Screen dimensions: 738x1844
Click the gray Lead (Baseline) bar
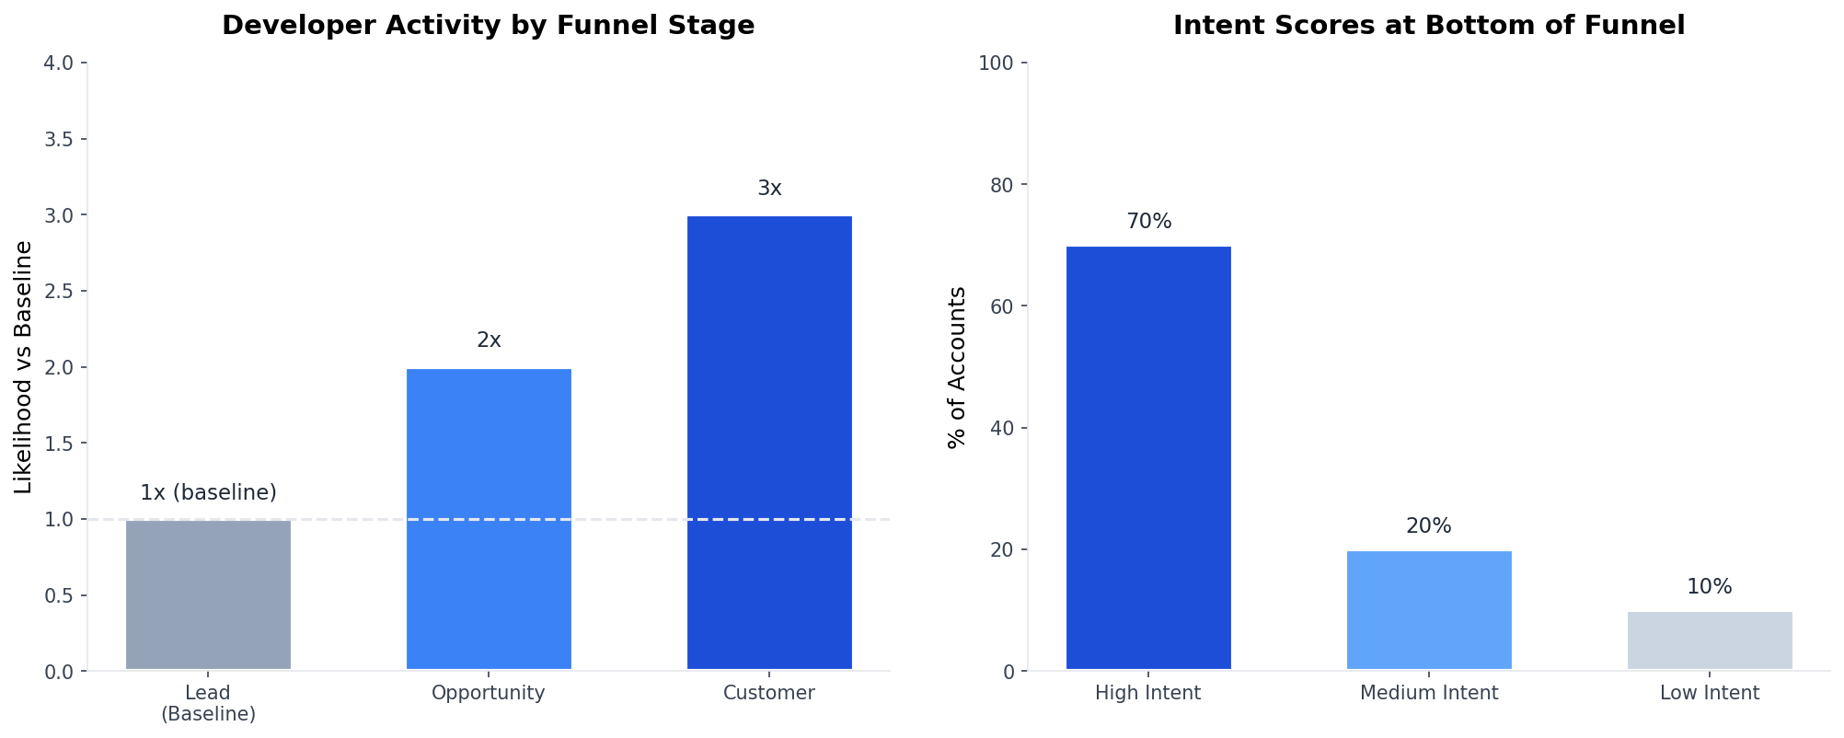(208, 595)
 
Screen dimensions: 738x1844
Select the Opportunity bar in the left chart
(489, 519)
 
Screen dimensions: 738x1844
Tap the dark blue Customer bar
(769, 443)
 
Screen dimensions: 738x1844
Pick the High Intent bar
(1148, 458)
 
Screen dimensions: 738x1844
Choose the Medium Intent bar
(1429, 610)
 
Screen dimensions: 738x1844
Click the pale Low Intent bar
(1710, 640)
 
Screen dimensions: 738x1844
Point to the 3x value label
(769, 189)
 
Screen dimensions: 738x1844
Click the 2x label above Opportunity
(489, 340)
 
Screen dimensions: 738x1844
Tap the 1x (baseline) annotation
(208, 493)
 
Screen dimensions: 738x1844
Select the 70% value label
(1148, 222)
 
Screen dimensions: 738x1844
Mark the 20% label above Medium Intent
(1429, 526)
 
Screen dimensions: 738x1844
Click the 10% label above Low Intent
(1710, 587)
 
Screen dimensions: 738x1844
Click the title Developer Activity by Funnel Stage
(488, 26)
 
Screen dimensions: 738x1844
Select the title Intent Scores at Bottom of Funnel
(1428, 26)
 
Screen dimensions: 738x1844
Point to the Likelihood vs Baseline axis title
(24, 367)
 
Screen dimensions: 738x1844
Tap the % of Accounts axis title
(957, 367)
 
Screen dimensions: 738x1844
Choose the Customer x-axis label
(769, 693)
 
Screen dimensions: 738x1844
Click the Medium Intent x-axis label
(1429, 693)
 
